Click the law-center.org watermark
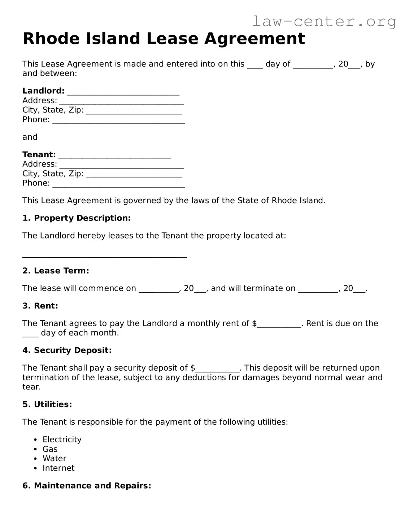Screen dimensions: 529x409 (x=324, y=22)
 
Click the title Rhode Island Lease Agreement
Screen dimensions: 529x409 (x=164, y=39)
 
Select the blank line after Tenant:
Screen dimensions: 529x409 (x=114, y=156)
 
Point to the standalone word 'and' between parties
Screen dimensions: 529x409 (x=30, y=137)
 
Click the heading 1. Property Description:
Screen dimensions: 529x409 (x=77, y=218)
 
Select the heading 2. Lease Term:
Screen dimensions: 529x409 (x=56, y=271)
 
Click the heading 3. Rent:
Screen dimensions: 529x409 (x=40, y=306)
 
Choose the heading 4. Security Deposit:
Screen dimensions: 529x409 (x=67, y=350)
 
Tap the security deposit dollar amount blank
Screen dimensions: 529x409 (x=218, y=368)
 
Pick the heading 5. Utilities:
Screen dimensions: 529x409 (x=47, y=404)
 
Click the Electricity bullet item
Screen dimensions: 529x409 (x=62, y=439)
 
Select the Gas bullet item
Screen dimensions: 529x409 (x=50, y=449)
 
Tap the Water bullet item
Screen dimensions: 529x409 (x=54, y=458)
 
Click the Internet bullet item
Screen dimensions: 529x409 (x=58, y=468)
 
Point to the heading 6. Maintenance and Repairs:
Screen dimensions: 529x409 (x=87, y=485)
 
